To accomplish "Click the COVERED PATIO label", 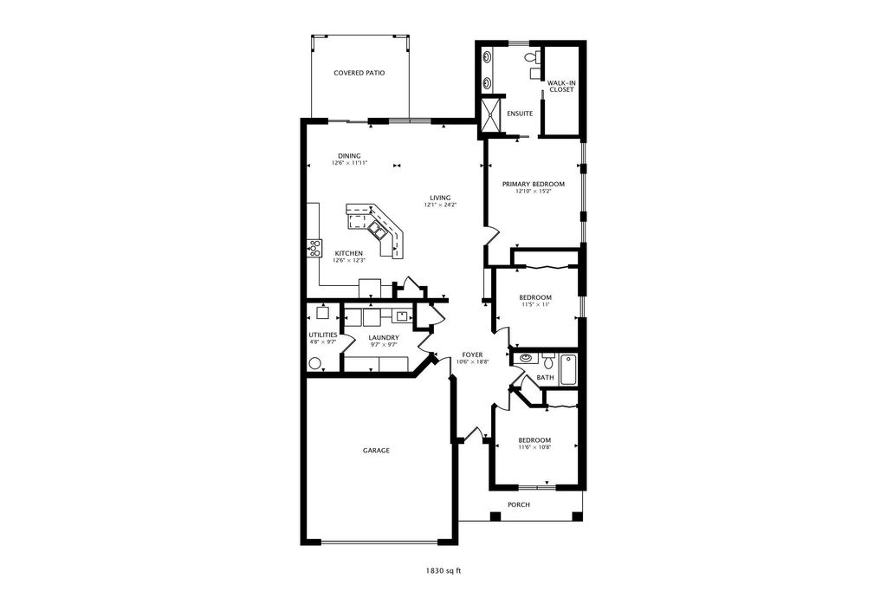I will [359, 73].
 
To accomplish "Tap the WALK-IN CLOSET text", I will [560, 86].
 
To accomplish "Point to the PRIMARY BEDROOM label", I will [534, 184].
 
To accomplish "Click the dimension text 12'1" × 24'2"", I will [439, 205].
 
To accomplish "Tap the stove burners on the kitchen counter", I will [313, 248].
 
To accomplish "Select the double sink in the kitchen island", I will [378, 229].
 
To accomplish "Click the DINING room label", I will [349, 156].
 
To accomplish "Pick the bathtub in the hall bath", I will [568, 370].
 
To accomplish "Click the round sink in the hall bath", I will [526, 358].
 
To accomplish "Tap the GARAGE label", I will [375, 451].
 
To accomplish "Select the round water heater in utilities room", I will [315, 364].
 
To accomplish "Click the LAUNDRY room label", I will [383, 337].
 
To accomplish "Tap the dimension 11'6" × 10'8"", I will [534, 448].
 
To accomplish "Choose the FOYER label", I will [472, 355].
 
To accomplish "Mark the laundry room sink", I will [403, 316].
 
